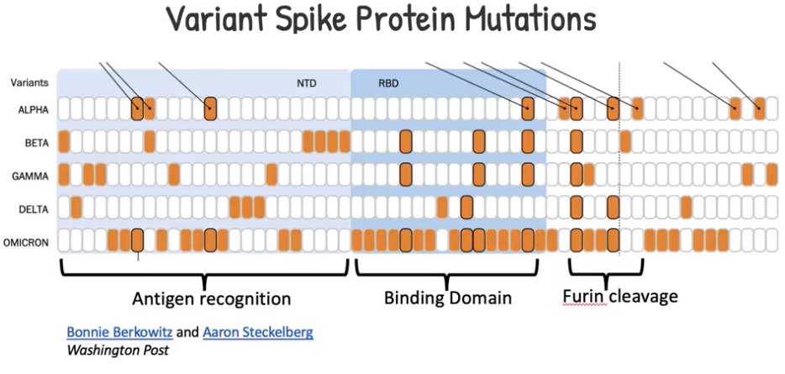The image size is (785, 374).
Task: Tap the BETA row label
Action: tap(36, 143)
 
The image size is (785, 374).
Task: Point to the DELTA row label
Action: tap(35, 209)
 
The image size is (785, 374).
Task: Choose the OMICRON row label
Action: tap(26, 243)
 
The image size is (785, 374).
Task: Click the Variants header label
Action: tap(29, 82)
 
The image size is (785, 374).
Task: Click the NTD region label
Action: tap(307, 83)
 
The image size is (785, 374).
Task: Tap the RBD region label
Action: tap(388, 83)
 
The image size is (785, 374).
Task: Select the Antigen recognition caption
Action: tap(211, 299)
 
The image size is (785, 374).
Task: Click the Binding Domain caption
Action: tap(448, 298)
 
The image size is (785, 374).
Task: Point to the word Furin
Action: tap(585, 297)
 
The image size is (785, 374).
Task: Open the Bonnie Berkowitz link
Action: tap(120, 332)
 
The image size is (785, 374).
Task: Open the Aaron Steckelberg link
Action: tap(258, 332)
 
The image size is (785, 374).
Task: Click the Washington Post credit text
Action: tap(118, 350)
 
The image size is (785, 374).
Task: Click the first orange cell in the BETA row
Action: tap(64, 142)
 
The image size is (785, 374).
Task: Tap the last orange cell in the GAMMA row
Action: tap(772, 175)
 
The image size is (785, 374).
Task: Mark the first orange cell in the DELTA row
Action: tap(76, 208)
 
